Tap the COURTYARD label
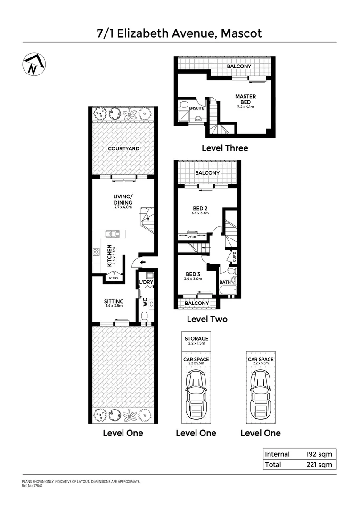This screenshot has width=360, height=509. tap(123, 148)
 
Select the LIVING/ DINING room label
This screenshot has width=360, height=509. tap(123, 199)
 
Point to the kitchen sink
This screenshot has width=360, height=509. tap(113, 233)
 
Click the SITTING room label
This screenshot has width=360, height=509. tap(114, 301)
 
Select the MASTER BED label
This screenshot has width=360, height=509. tap(245, 99)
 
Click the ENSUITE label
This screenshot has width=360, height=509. tap(196, 108)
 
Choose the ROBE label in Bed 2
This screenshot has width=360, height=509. tap(192, 237)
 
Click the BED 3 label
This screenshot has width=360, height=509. tap(194, 274)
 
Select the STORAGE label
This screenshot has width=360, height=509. tap(196, 338)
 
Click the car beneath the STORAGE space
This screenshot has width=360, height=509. tap(196, 389)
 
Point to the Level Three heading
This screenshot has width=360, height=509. tap(225, 148)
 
